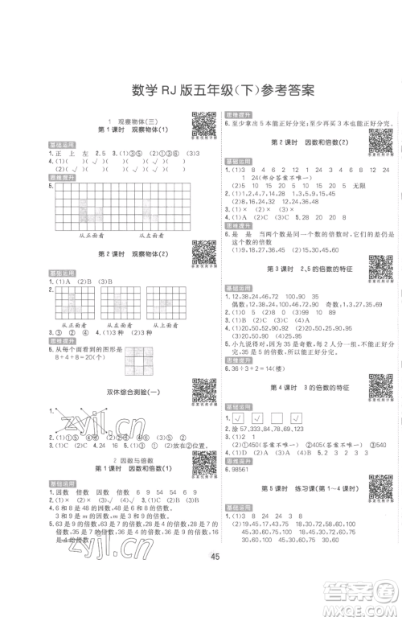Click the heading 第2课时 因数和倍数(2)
click(x=298, y=142)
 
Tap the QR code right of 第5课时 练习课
click(x=378, y=487)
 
